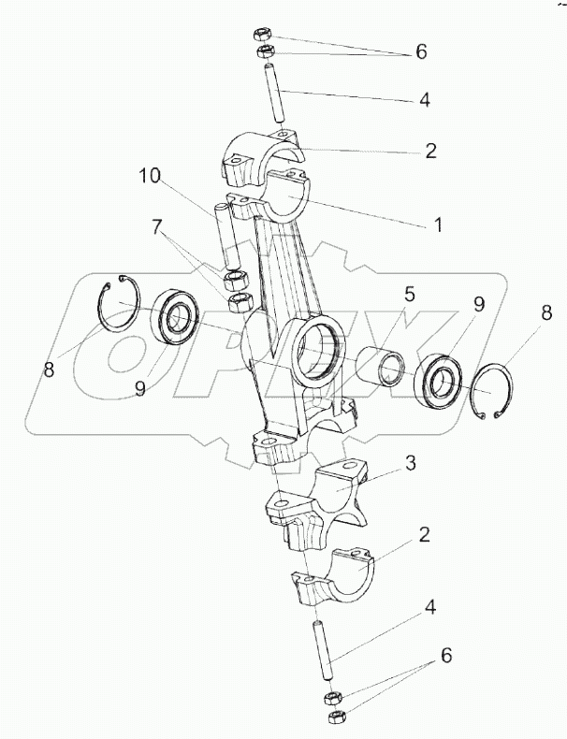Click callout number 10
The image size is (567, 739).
click(x=150, y=176)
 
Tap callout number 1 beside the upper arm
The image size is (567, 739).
click(x=438, y=225)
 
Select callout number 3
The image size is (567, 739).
click(x=411, y=463)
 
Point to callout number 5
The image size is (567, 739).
click(x=409, y=295)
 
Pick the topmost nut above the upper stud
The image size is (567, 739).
click(x=261, y=35)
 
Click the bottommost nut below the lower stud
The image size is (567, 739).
click(x=336, y=717)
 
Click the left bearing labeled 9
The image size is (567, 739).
click(x=176, y=317)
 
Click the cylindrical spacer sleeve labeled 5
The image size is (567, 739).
click(x=380, y=367)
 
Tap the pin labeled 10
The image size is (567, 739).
click(x=228, y=234)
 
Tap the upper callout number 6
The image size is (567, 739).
click(x=421, y=51)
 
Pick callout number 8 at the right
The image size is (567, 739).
click(x=546, y=313)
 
